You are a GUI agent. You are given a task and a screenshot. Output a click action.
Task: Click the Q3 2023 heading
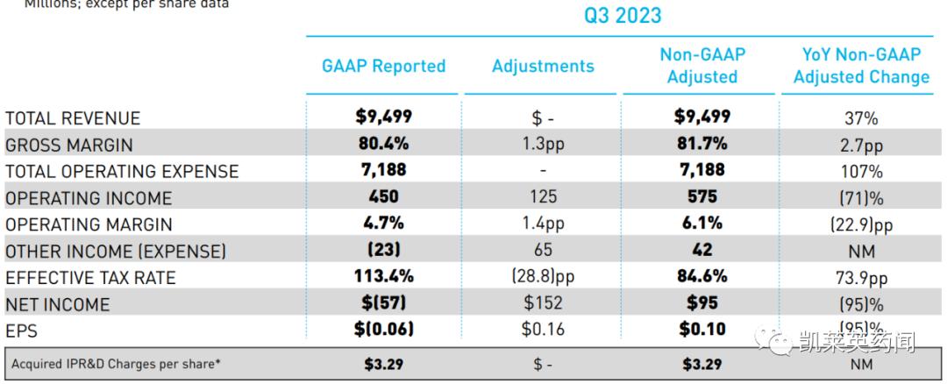623,16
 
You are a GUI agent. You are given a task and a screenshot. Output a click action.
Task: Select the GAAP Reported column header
383,67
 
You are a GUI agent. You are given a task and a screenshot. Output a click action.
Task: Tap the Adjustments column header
543,67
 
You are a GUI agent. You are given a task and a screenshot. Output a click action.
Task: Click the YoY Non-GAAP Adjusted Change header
861,66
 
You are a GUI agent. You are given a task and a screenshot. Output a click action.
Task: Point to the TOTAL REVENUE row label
73,118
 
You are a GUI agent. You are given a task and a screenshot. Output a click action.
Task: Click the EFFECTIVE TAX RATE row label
90,278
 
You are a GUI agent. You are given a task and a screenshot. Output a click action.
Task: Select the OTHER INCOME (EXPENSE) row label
116,252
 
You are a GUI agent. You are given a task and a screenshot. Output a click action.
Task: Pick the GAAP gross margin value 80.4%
383,144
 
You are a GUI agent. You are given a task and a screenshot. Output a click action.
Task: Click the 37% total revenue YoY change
861,118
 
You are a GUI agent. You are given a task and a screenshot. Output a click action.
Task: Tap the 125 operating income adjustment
543,198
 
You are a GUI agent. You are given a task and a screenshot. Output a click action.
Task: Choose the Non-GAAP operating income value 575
701,197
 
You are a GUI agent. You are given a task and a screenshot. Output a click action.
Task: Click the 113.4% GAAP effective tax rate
383,277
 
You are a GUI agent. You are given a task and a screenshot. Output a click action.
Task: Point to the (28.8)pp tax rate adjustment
543,278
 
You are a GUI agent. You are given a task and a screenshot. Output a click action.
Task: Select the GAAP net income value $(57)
383,304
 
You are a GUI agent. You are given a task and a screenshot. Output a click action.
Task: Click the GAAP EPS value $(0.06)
383,331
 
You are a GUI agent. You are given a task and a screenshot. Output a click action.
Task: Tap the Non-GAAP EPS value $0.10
701,331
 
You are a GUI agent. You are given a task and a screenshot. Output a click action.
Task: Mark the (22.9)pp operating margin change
861,225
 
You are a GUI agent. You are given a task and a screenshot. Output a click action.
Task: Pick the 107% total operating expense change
861,172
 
